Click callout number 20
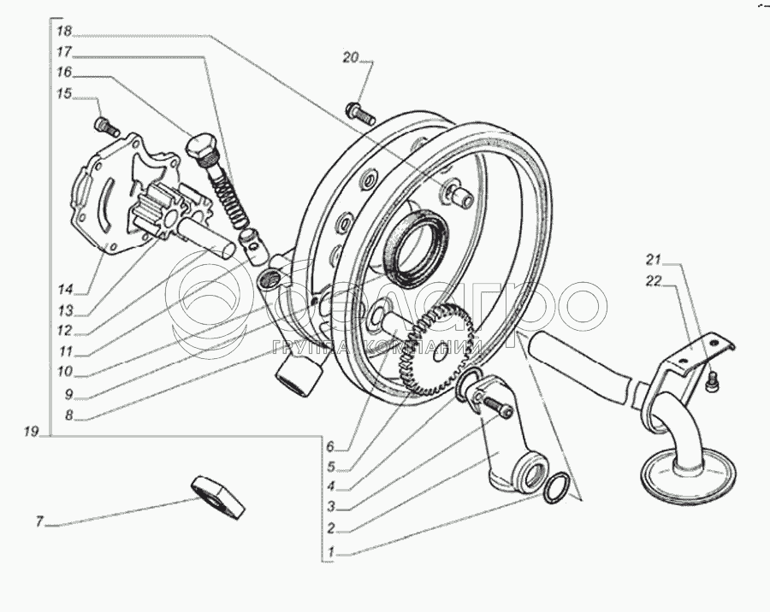(350, 58)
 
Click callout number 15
(65, 94)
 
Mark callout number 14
(65, 289)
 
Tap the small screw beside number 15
(106, 127)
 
